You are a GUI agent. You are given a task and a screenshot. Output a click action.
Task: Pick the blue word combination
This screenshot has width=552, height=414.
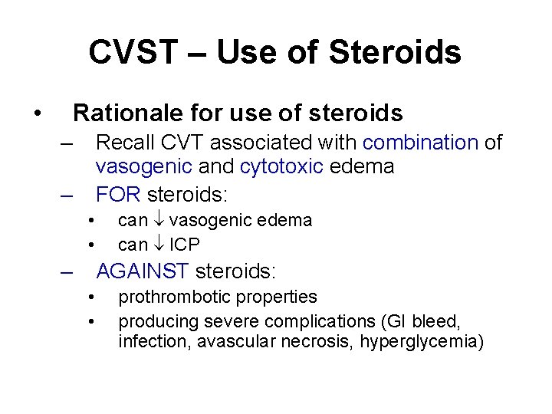click(421, 143)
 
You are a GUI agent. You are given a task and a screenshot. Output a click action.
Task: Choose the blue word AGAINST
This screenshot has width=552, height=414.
click(143, 271)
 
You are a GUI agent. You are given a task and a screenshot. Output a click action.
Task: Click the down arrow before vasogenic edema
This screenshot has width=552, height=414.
click(159, 221)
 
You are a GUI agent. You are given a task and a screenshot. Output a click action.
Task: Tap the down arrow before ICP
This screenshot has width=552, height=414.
click(159, 245)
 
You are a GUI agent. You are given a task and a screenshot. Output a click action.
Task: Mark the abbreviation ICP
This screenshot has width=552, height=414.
click(185, 245)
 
